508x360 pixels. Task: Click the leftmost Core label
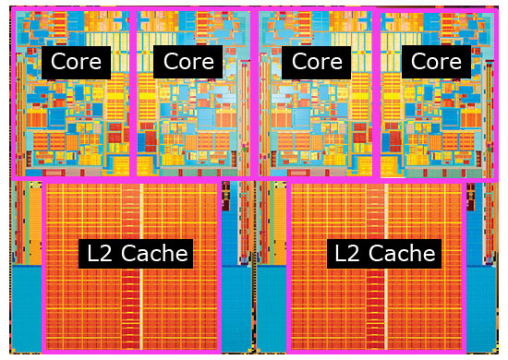[76, 63]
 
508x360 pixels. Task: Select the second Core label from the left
[187, 62]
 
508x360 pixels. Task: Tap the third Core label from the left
[317, 63]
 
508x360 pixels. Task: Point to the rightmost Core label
[436, 62]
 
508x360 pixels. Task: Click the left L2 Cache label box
[136, 254]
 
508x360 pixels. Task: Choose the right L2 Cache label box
[384, 254]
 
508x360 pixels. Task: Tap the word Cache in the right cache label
[402, 253]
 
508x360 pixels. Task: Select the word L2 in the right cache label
[348, 253]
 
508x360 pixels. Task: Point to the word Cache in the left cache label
[154, 253]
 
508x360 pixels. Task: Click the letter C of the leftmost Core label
[58, 62]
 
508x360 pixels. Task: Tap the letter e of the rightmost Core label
[455, 64]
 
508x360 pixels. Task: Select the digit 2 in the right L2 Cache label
[356, 253]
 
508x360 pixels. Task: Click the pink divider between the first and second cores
[133, 93]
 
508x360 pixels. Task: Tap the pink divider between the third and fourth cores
[377, 93]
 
